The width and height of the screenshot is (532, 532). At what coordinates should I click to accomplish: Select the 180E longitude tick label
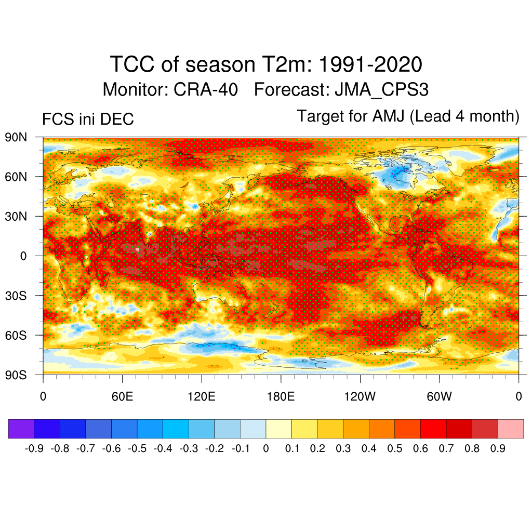tap(281, 397)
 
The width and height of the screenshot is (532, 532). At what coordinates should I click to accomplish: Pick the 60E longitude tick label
tap(122, 397)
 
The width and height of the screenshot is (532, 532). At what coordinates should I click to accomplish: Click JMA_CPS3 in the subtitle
tap(382, 89)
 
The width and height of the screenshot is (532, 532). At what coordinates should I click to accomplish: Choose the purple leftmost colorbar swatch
tap(21, 429)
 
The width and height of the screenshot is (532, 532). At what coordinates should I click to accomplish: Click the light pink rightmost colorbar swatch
tap(510, 429)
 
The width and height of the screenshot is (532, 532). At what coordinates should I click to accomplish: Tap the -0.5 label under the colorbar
tap(138, 448)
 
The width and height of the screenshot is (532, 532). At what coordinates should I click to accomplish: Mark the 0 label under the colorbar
tap(266, 448)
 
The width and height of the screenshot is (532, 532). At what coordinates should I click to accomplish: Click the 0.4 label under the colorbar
tap(369, 448)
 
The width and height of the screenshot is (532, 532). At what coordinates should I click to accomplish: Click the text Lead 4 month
tap(465, 116)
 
